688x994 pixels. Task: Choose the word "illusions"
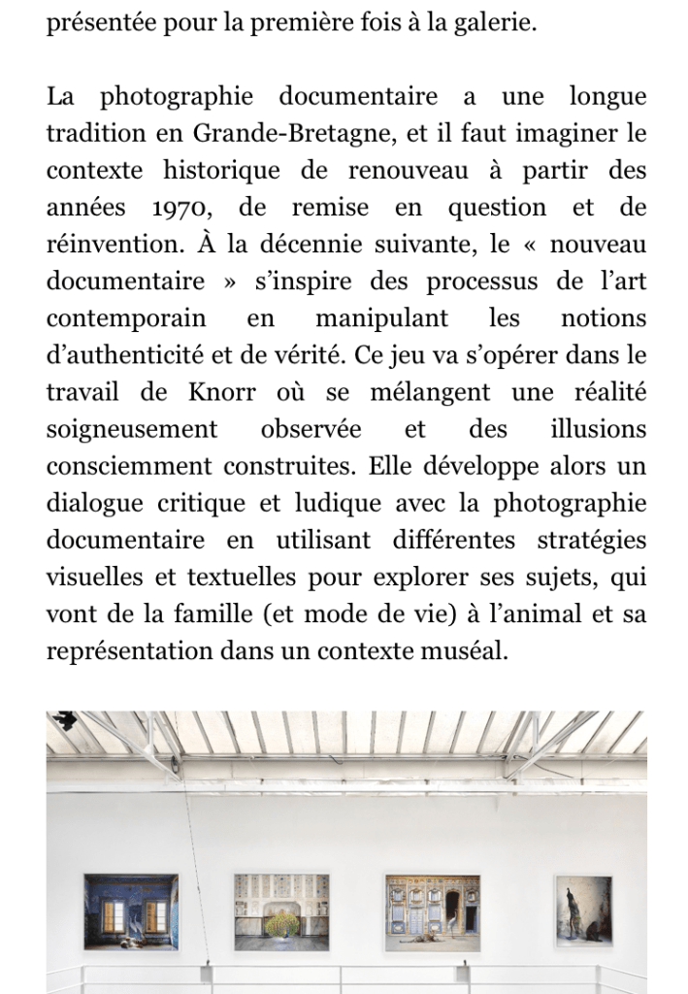(x=598, y=429)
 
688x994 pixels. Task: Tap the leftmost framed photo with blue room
(x=131, y=911)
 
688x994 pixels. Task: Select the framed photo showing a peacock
(x=280, y=913)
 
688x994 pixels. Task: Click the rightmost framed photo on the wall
(x=583, y=911)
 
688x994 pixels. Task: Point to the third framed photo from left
(x=432, y=912)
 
